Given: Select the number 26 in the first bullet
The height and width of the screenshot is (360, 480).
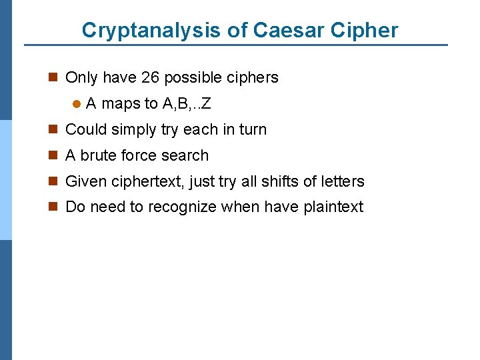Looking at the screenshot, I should point(150,77).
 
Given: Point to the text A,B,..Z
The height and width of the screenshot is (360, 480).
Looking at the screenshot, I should point(187,103).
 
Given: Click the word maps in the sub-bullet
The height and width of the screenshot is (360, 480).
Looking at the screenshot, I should point(120,103).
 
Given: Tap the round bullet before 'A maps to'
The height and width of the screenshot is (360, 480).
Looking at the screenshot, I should point(77,104).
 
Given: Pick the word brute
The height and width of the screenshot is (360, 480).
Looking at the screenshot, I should point(98,155).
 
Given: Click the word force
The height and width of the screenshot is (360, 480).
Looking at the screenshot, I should point(137,155).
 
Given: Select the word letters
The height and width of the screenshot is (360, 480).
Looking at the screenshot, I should point(341,181).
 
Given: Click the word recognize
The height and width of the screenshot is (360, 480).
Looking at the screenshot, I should point(182,207).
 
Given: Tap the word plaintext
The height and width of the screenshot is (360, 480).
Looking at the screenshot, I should point(333,207).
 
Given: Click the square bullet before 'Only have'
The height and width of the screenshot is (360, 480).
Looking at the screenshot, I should point(54,78).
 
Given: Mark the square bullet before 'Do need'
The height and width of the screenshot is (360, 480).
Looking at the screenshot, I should point(54,207).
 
